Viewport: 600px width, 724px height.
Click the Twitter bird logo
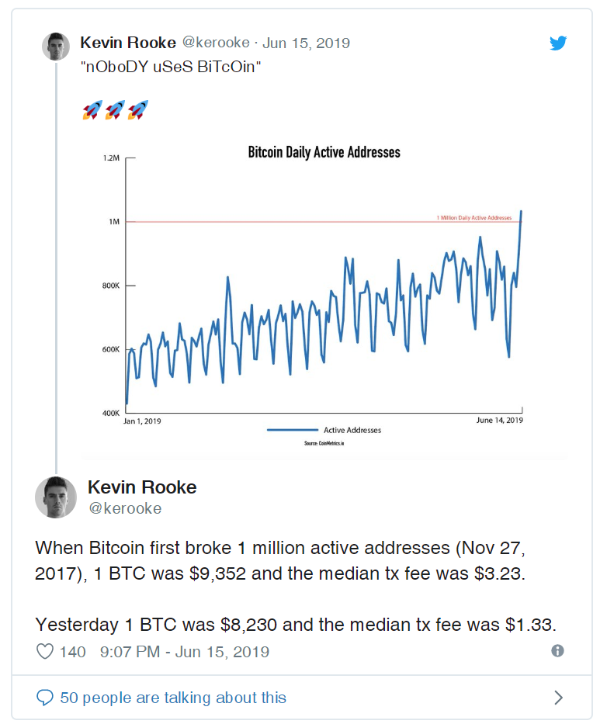tap(558, 43)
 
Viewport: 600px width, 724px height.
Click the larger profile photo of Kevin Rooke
tap(56, 497)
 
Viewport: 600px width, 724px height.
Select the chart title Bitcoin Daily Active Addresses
tap(324, 152)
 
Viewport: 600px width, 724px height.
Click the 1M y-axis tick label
tap(113, 222)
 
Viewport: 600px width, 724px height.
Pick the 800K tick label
tap(111, 286)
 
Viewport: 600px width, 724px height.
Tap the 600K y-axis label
tap(111, 349)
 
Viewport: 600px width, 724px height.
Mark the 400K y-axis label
tap(111, 413)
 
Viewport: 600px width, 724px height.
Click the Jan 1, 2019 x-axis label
tap(142, 421)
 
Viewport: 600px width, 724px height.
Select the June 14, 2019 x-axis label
tap(499, 421)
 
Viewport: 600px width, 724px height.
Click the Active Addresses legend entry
tap(352, 430)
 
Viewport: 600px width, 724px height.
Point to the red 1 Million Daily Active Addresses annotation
tap(479, 218)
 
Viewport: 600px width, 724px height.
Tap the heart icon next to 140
tap(45, 651)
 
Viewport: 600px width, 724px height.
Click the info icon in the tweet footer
tap(557, 651)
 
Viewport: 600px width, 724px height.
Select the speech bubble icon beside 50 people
tap(45, 698)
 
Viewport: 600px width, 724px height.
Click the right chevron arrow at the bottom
tap(558, 698)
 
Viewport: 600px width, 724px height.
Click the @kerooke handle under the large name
tap(124, 508)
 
